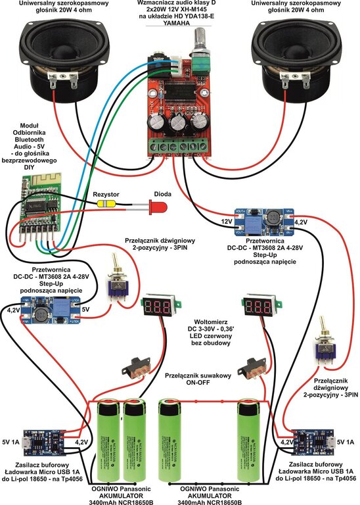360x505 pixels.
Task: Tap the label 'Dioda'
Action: [162, 193]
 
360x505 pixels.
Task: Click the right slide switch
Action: [251, 370]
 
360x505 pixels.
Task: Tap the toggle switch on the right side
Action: [326, 350]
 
